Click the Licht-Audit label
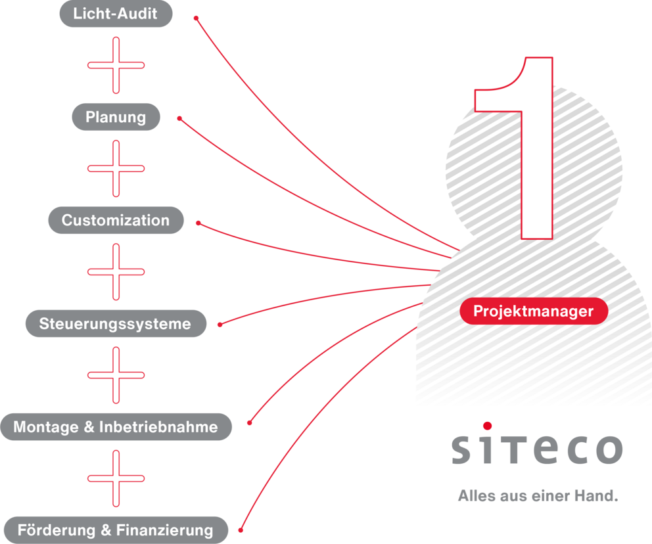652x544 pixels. [116, 14]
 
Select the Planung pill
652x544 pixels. [116, 117]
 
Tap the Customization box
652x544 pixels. [116, 220]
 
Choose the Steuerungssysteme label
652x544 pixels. [115, 323]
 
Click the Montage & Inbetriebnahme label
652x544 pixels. [116, 427]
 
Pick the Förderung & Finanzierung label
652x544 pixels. [116, 530]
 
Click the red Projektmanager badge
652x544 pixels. [533, 311]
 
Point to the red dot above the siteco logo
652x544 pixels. [487, 426]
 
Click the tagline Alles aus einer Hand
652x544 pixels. [538, 496]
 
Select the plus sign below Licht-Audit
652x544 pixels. [116, 65]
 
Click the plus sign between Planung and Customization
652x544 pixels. [116, 168]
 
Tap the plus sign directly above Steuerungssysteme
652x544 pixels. [116, 271]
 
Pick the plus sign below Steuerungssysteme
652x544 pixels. [116, 375]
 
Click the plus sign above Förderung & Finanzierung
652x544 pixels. [116, 478]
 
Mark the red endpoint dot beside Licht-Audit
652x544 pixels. [196, 18]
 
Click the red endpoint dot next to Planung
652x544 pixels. [179, 119]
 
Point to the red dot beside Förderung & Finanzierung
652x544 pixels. [241, 529]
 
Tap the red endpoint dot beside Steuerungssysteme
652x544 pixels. [220, 324]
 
